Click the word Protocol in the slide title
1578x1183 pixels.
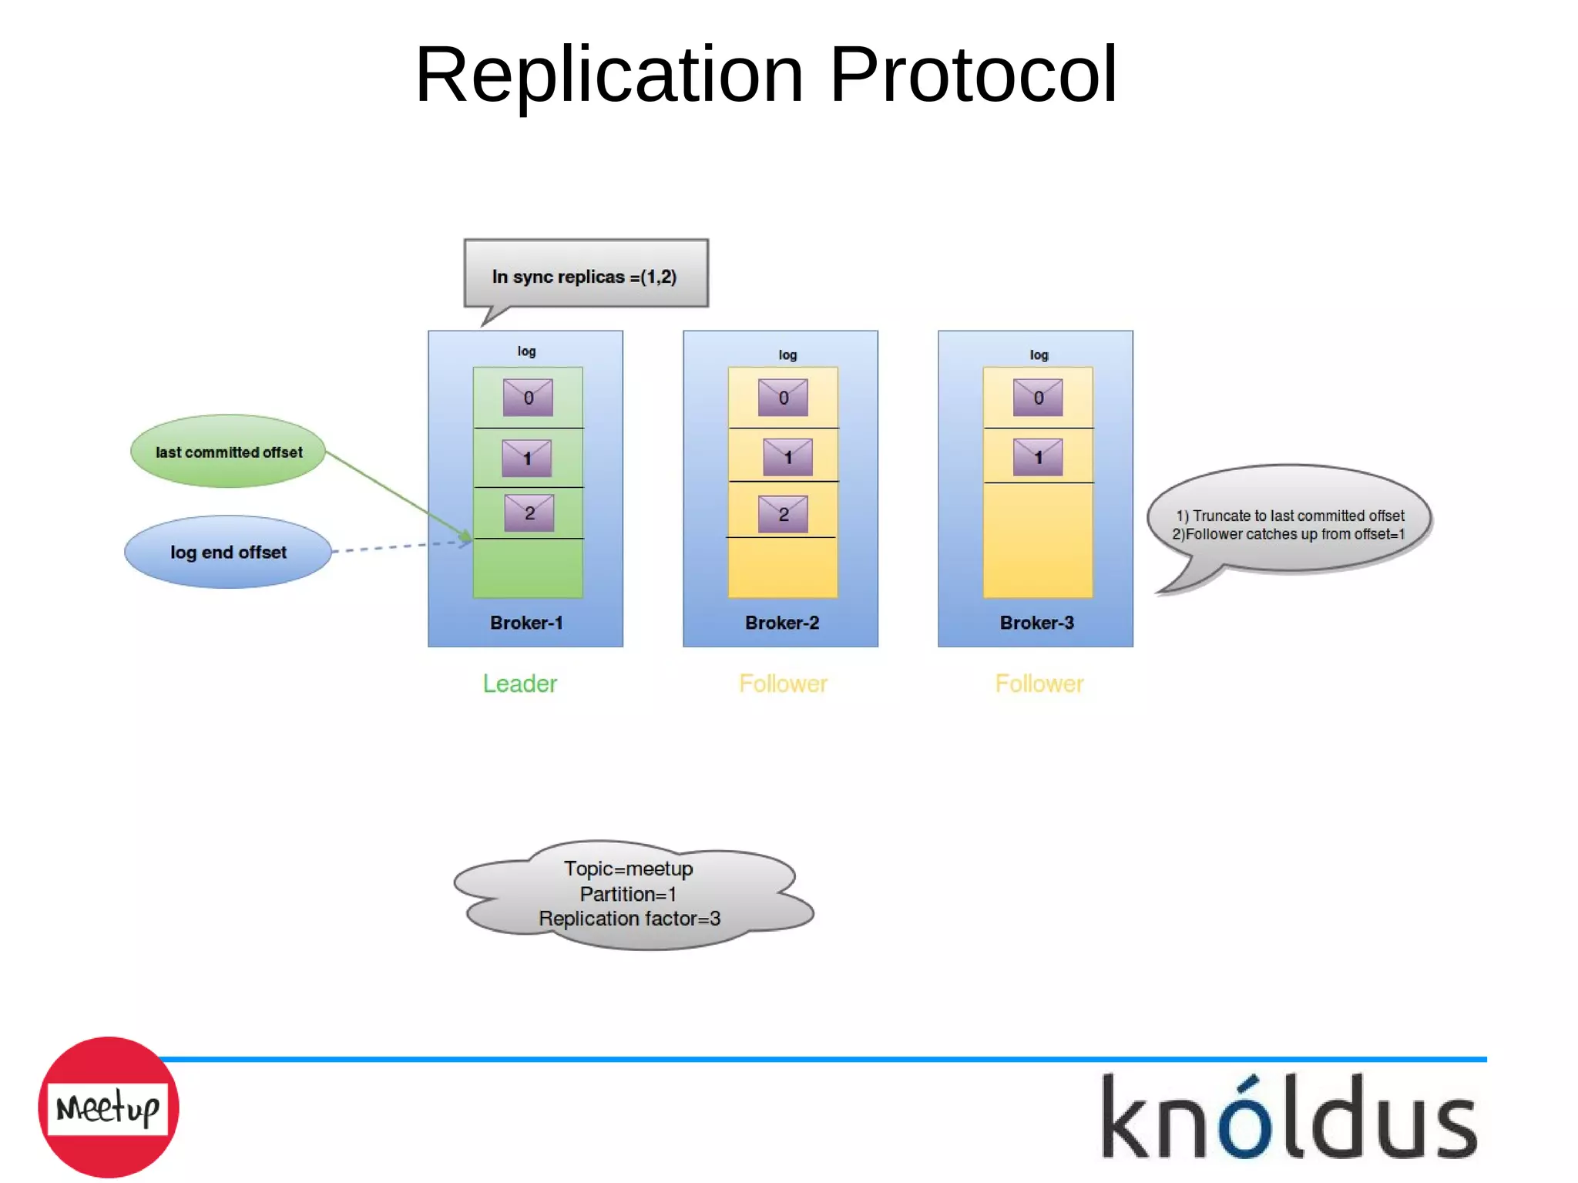972,75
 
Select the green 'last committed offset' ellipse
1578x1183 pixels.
228,452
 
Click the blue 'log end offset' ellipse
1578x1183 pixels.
228,552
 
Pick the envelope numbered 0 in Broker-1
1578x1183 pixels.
528,398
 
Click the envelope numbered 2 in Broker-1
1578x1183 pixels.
529,513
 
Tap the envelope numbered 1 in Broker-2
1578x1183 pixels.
787,457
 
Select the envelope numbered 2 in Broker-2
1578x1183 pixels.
783,514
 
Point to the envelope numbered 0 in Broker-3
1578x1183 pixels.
1038,398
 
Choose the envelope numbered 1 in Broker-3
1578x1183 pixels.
1038,457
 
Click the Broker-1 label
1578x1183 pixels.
526,623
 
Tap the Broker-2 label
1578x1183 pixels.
781,623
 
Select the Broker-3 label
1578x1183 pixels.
1036,623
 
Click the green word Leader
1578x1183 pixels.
519,684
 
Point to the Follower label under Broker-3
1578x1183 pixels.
1039,684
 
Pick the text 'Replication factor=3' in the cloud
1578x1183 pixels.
630,919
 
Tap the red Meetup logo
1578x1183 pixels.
108,1107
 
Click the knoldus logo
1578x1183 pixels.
1288,1117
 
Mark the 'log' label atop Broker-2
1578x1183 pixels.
787,355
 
